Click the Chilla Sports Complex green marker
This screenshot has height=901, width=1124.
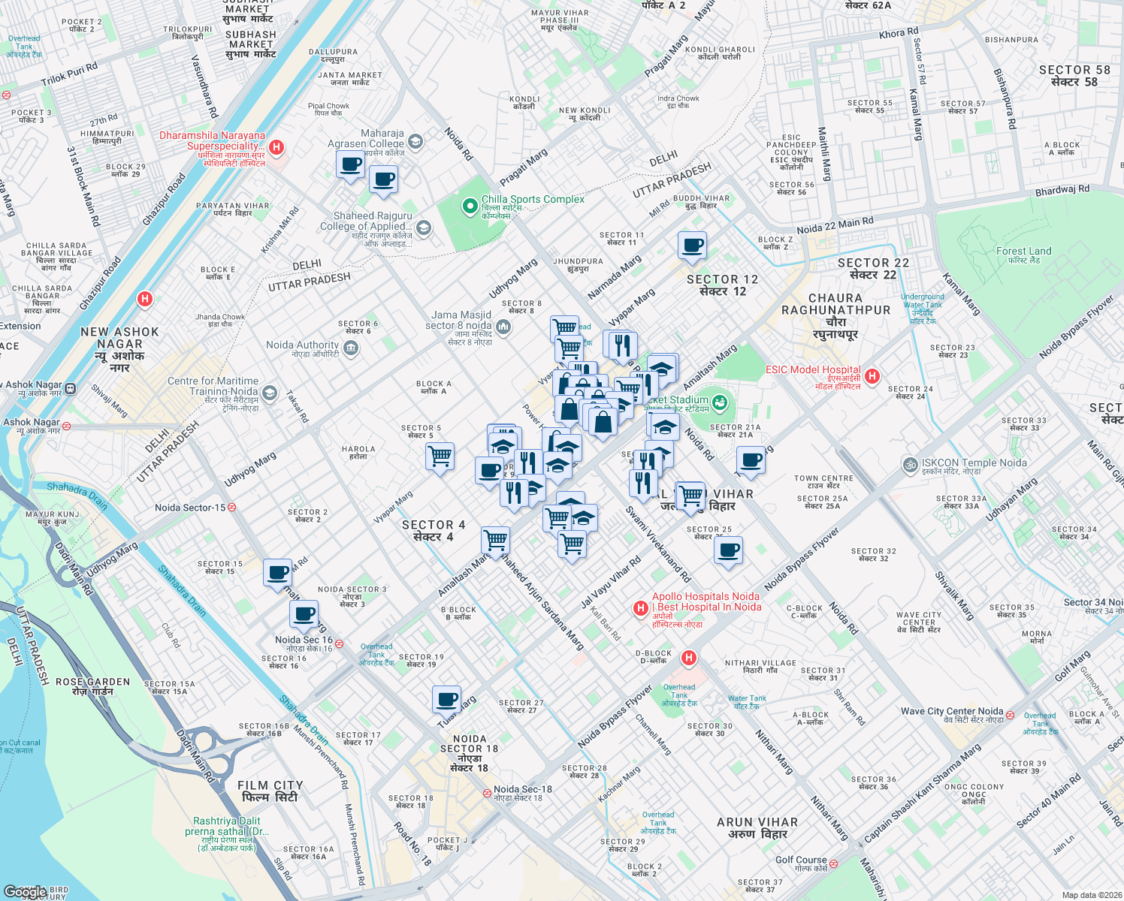[470, 206]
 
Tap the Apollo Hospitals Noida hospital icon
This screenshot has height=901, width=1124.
[640, 608]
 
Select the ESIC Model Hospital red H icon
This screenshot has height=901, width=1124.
[872, 375]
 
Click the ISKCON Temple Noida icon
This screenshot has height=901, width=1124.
[911, 465]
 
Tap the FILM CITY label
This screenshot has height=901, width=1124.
[270, 791]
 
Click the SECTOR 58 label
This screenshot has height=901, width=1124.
[1074, 76]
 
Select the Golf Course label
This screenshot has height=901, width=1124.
[801, 860]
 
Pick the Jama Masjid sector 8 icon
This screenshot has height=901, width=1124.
[503, 326]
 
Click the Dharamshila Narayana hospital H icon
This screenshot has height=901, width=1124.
[276, 147]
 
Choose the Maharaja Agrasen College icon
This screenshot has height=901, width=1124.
[415, 141]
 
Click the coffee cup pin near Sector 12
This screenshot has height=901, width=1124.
[692, 246]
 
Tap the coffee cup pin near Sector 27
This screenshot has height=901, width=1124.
[447, 699]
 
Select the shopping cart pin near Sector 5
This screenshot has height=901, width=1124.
[440, 455]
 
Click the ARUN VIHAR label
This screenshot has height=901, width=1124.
[757, 827]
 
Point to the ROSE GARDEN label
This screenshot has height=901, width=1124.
[92, 686]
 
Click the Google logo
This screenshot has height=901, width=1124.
[25, 891]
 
